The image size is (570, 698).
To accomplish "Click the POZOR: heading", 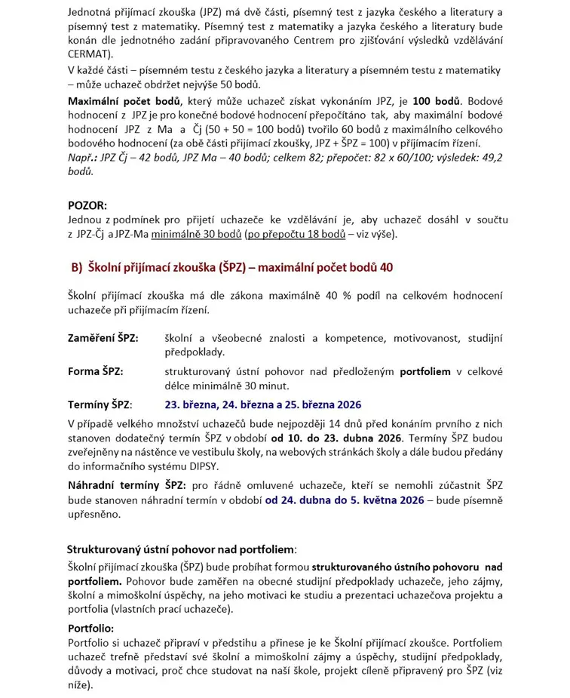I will pyautogui.click(x=87, y=204).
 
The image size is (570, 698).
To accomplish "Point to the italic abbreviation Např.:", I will pyautogui.click(x=84, y=158).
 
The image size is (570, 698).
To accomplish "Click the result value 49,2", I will pyautogui.click(x=492, y=158).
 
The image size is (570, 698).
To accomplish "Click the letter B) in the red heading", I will pyautogui.click(x=76, y=267).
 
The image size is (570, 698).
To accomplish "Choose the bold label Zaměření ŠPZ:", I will pyautogui.click(x=103, y=338).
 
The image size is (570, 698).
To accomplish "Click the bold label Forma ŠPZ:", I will pyautogui.click(x=96, y=371).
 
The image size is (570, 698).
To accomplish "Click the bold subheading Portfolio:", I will pyautogui.click(x=91, y=628).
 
